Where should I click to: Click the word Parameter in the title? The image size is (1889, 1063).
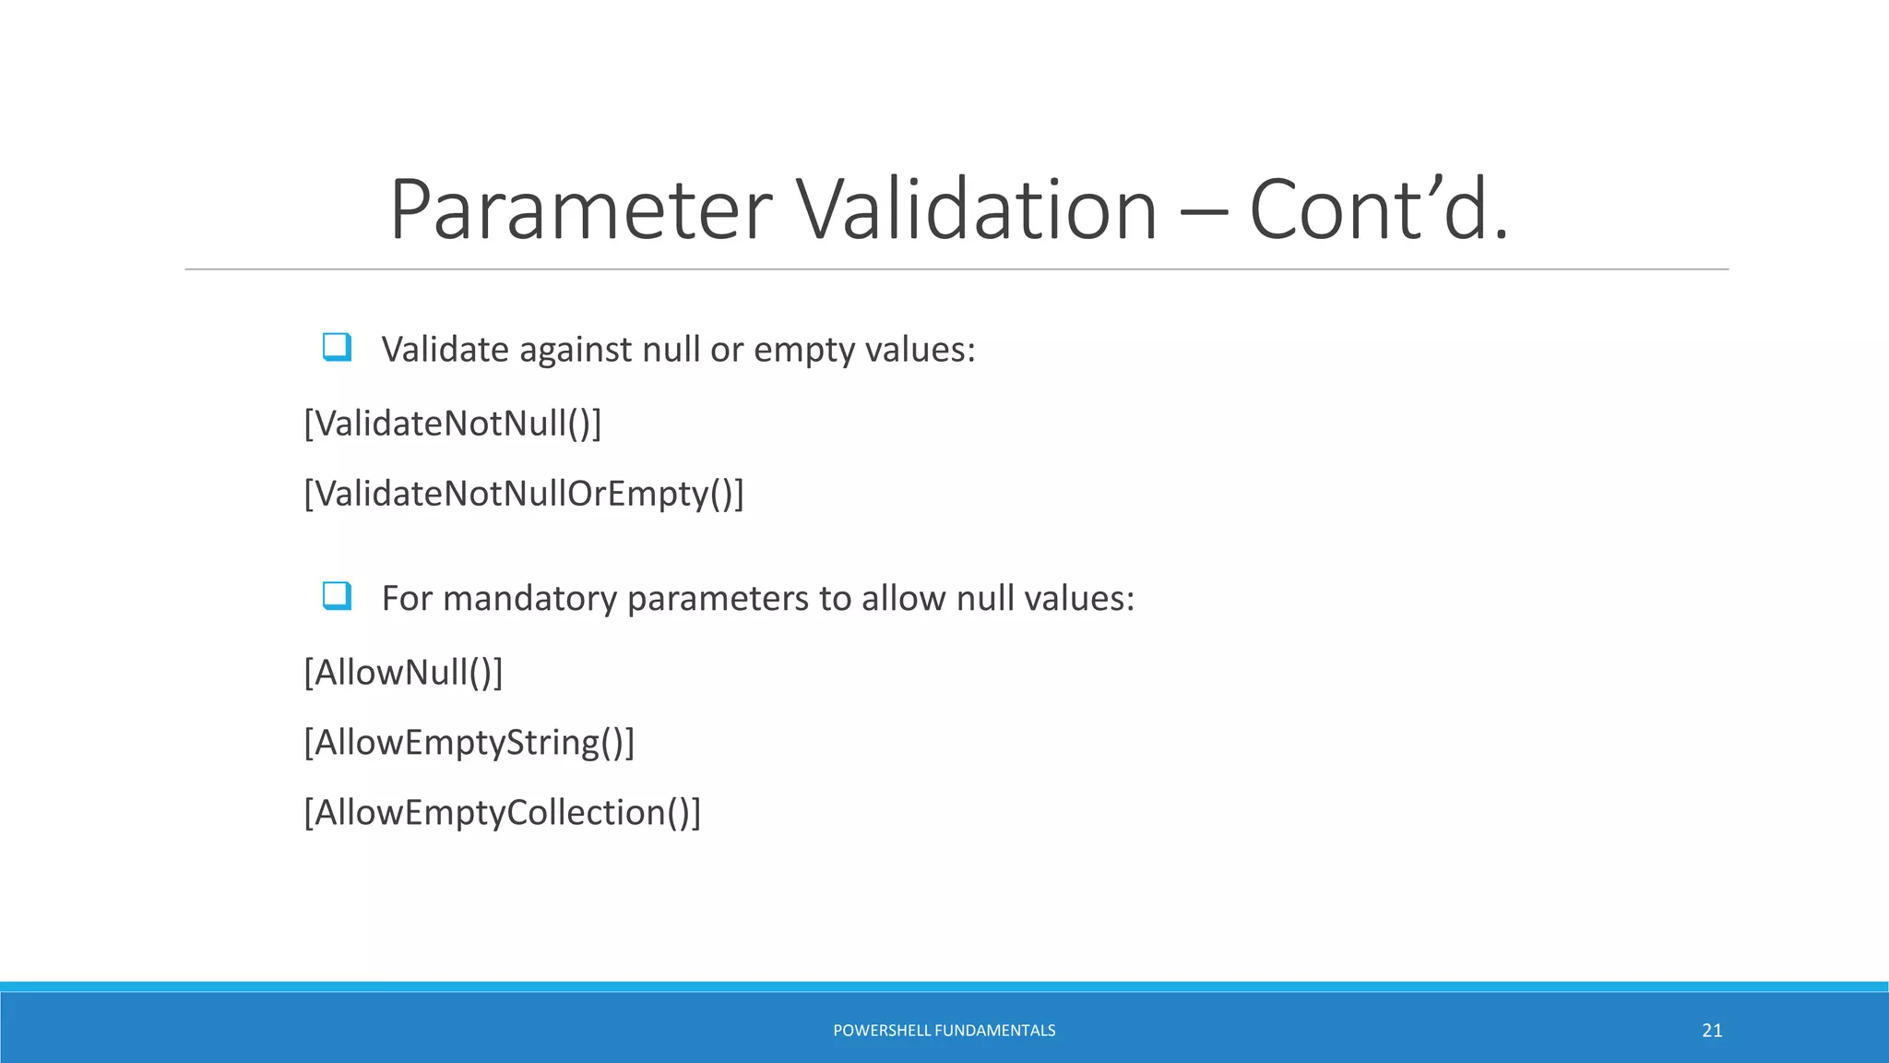tap(581, 210)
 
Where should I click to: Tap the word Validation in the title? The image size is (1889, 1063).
tap(976, 210)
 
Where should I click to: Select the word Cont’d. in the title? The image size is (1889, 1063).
tap(1378, 210)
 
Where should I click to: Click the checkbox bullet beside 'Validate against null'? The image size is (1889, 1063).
tap(337, 348)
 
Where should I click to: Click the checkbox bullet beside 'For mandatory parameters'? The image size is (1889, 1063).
tap(337, 596)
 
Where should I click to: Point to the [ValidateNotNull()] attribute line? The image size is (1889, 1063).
tap(453, 424)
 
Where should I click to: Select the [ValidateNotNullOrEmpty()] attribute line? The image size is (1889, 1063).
tap(524, 494)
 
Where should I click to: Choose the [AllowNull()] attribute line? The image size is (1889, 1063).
tap(403, 672)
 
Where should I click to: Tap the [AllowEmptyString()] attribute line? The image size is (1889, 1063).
tap(469, 742)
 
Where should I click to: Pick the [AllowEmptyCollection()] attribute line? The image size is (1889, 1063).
tap(503, 812)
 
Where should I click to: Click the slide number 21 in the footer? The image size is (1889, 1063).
tap(1712, 1031)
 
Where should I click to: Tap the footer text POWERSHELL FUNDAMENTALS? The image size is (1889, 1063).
tap(944, 1031)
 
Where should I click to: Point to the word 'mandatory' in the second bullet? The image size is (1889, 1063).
tap(529, 599)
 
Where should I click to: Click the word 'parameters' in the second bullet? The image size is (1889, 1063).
tap(721, 599)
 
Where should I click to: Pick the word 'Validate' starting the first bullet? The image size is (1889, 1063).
tap(446, 350)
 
